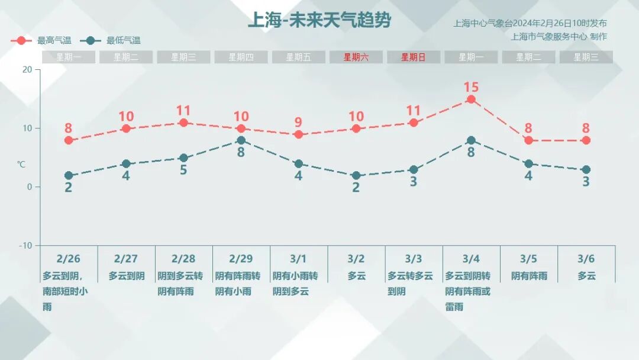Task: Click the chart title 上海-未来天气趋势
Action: (319, 21)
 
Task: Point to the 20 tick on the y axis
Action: (27, 69)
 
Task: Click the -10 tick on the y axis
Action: (25, 246)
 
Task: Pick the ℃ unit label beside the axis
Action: (21, 164)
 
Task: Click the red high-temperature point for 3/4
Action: (471, 99)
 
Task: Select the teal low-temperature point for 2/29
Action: (241, 140)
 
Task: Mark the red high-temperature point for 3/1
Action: (298, 134)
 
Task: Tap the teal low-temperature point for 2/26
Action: (69, 176)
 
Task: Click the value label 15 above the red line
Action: (471, 87)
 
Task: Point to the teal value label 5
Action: (183, 170)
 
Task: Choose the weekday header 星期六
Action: (356, 57)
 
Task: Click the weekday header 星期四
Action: (241, 57)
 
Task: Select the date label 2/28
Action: (183, 259)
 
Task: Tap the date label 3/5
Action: (528, 259)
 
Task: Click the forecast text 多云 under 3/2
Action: (356, 276)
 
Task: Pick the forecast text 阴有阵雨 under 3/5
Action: (529, 276)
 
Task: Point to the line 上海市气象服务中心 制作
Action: (559, 37)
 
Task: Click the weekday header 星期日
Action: (413, 57)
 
